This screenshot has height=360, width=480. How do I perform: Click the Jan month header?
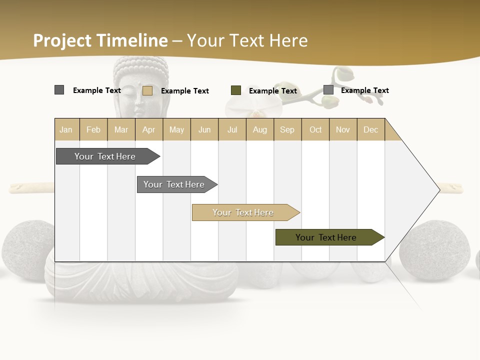[66, 130]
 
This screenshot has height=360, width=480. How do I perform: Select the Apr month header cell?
[149, 130]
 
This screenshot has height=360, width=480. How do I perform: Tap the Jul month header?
[232, 130]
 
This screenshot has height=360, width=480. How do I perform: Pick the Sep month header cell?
[287, 130]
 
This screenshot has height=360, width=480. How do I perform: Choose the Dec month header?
[370, 130]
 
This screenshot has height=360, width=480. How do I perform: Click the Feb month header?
[93, 130]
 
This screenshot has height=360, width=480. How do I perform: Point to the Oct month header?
[315, 130]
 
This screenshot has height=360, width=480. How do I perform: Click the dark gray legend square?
[59, 90]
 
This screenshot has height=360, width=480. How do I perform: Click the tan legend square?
[147, 90]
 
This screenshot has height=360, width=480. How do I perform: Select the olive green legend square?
[236, 90]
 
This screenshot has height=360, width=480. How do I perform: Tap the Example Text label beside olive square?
[273, 91]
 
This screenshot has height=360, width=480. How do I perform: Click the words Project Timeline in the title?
[100, 40]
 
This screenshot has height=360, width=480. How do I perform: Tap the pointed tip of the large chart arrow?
[438, 190]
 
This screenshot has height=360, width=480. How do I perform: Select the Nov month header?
[343, 130]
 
